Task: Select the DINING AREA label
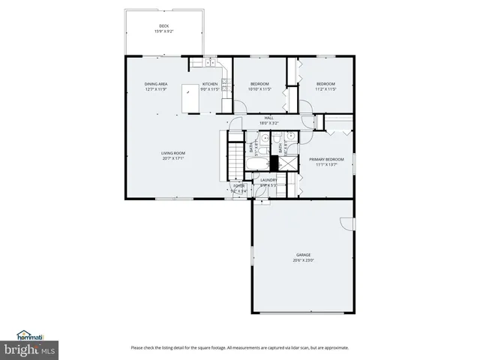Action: click(x=155, y=83)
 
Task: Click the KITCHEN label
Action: click(x=210, y=83)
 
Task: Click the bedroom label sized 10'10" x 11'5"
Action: click(x=259, y=83)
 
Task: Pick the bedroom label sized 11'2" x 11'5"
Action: click(x=325, y=83)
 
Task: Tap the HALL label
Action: click(x=268, y=117)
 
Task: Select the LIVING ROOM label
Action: click(x=172, y=153)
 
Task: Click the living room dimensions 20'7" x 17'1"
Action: click(x=172, y=159)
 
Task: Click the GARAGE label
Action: click(x=303, y=254)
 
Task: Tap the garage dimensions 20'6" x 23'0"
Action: click(x=303, y=260)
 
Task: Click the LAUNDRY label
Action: click(x=268, y=180)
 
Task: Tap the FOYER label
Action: click(x=238, y=185)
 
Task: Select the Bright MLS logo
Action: click(x=30, y=349)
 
